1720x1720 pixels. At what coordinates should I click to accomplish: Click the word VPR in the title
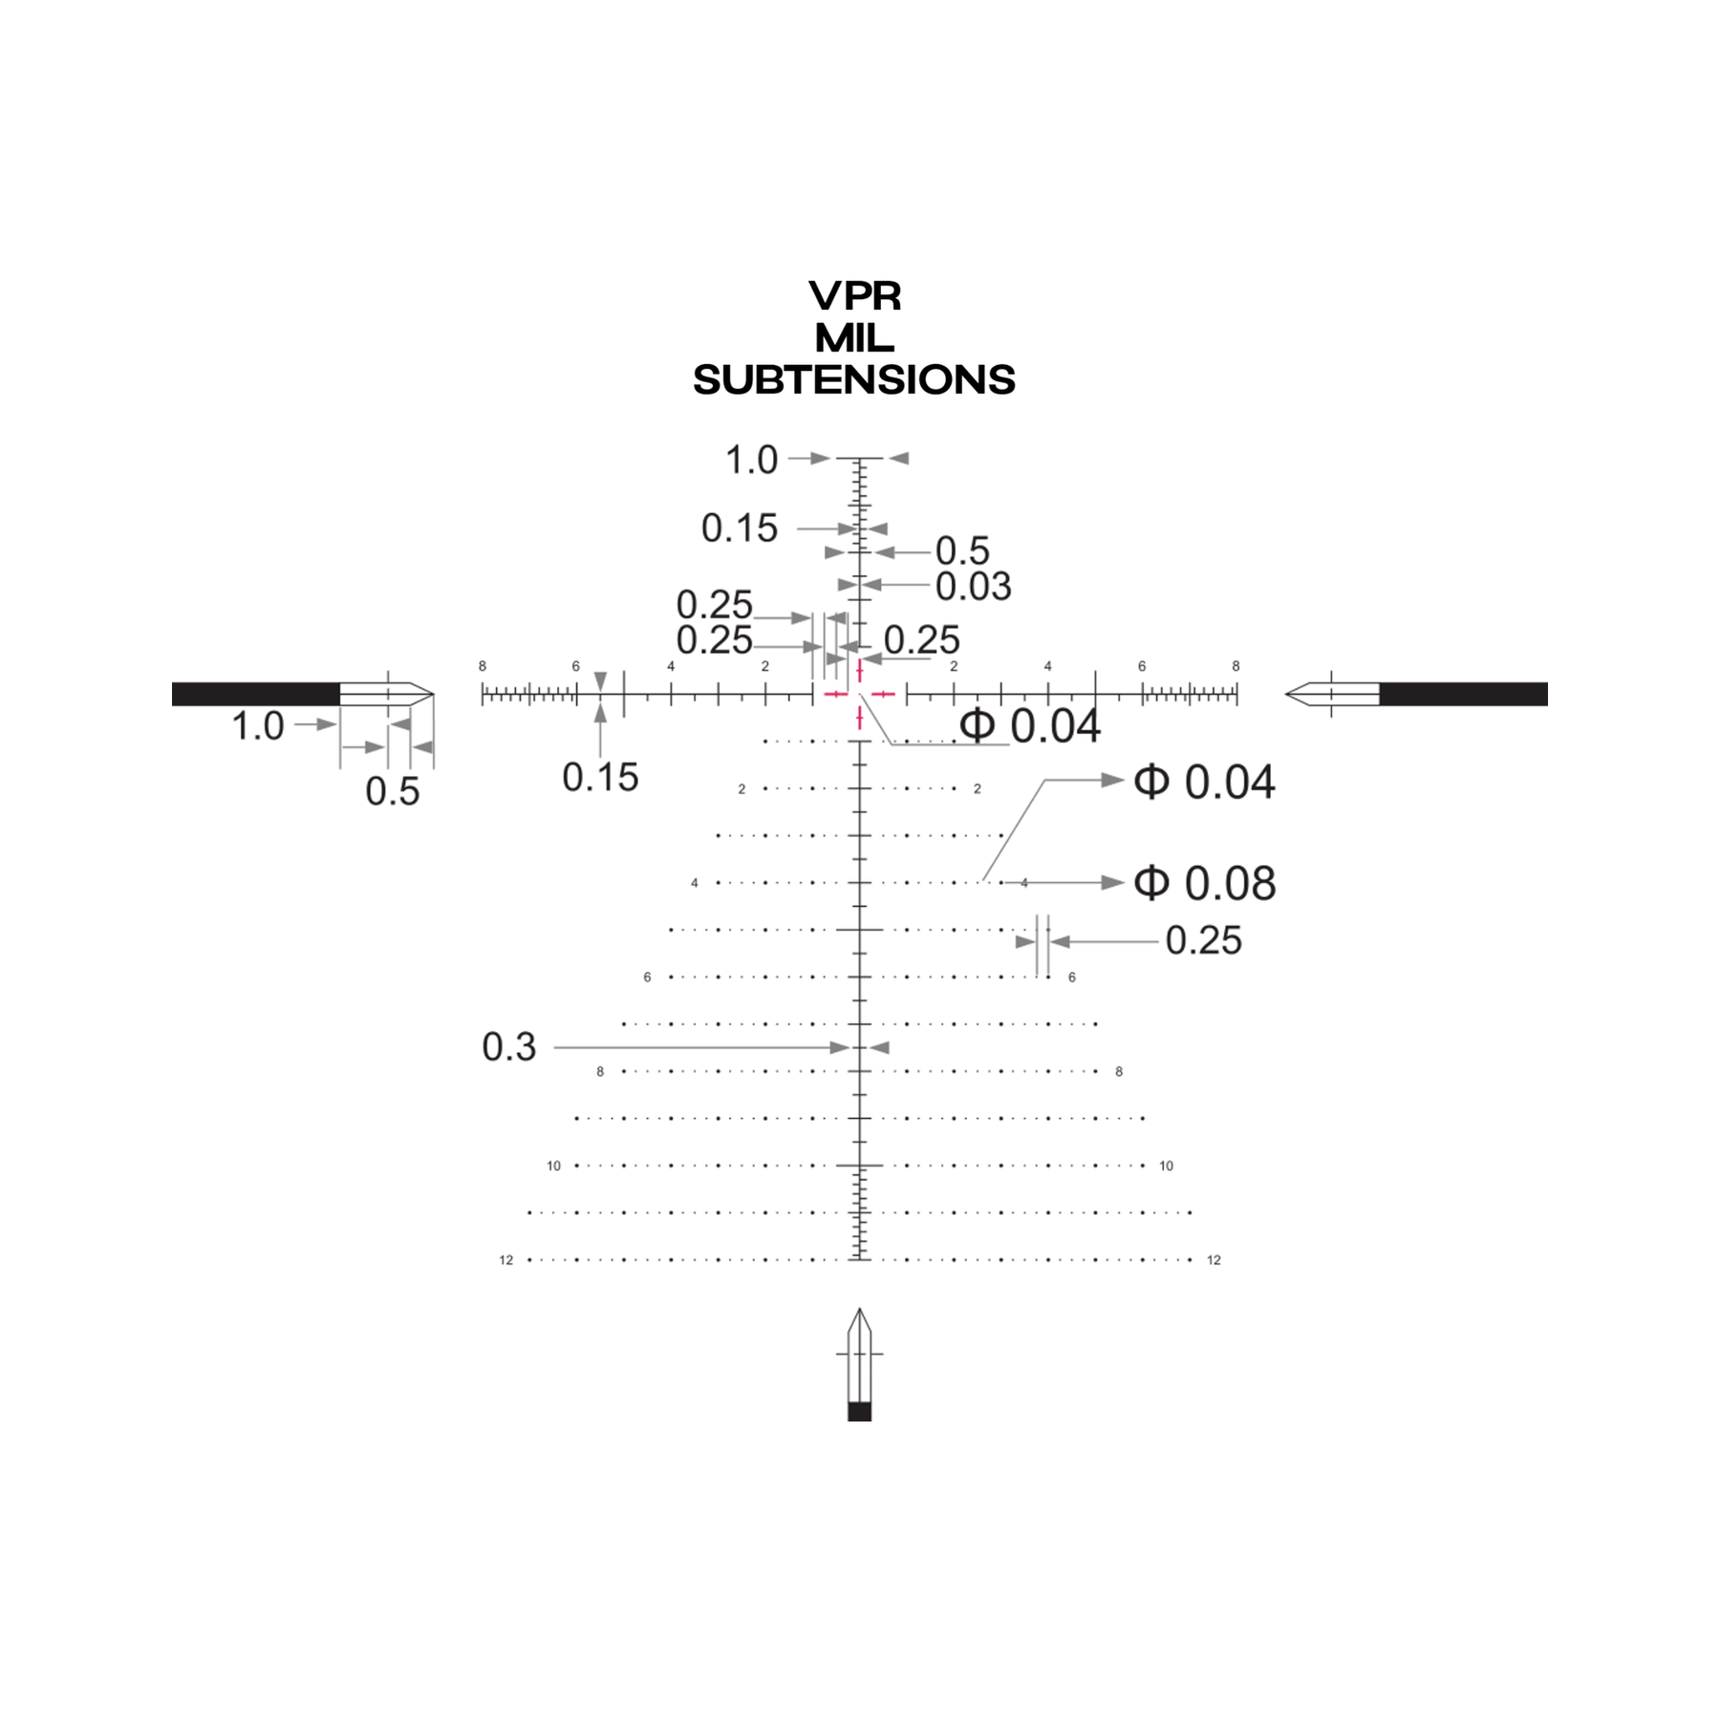click(855, 296)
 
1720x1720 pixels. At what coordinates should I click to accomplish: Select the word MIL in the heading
click(855, 338)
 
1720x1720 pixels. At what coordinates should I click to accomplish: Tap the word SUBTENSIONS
click(854, 380)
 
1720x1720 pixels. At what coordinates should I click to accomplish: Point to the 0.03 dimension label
click(973, 586)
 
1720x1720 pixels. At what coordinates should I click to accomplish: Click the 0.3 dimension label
click(509, 1047)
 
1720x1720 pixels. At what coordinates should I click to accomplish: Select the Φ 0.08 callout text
click(1204, 883)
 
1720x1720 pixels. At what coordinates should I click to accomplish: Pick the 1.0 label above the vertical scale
click(752, 460)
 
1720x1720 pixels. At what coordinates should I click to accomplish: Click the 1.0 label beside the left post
click(258, 726)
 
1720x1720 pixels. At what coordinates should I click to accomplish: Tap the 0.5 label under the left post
click(393, 791)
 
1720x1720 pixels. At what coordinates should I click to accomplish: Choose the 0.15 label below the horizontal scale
click(600, 778)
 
